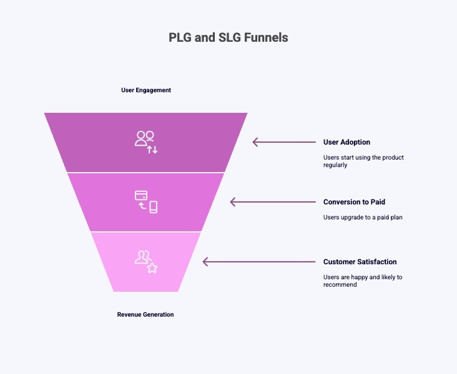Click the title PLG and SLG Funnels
[x=228, y=37]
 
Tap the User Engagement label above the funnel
[x=146, y=90]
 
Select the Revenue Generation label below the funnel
[x=145, y=315]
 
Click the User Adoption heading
[x=346, y=142]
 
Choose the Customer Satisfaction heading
[x=360, y=262]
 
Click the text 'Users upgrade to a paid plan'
[x=358, y=217]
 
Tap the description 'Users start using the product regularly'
[x=363, y=161]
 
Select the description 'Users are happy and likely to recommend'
[x=363, y=280]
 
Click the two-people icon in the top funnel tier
[x=144, y=138]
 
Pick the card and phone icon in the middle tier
[x=146, y=201]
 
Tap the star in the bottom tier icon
[x=152, y=268]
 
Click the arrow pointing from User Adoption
[x=284, y=142]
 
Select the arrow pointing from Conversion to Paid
[x=273, y=202]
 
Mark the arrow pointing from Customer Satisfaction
[x=259, y=262]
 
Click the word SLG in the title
[x=230, y=37]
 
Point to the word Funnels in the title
[x=267, y=37]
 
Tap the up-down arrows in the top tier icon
[x=152, y=149]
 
